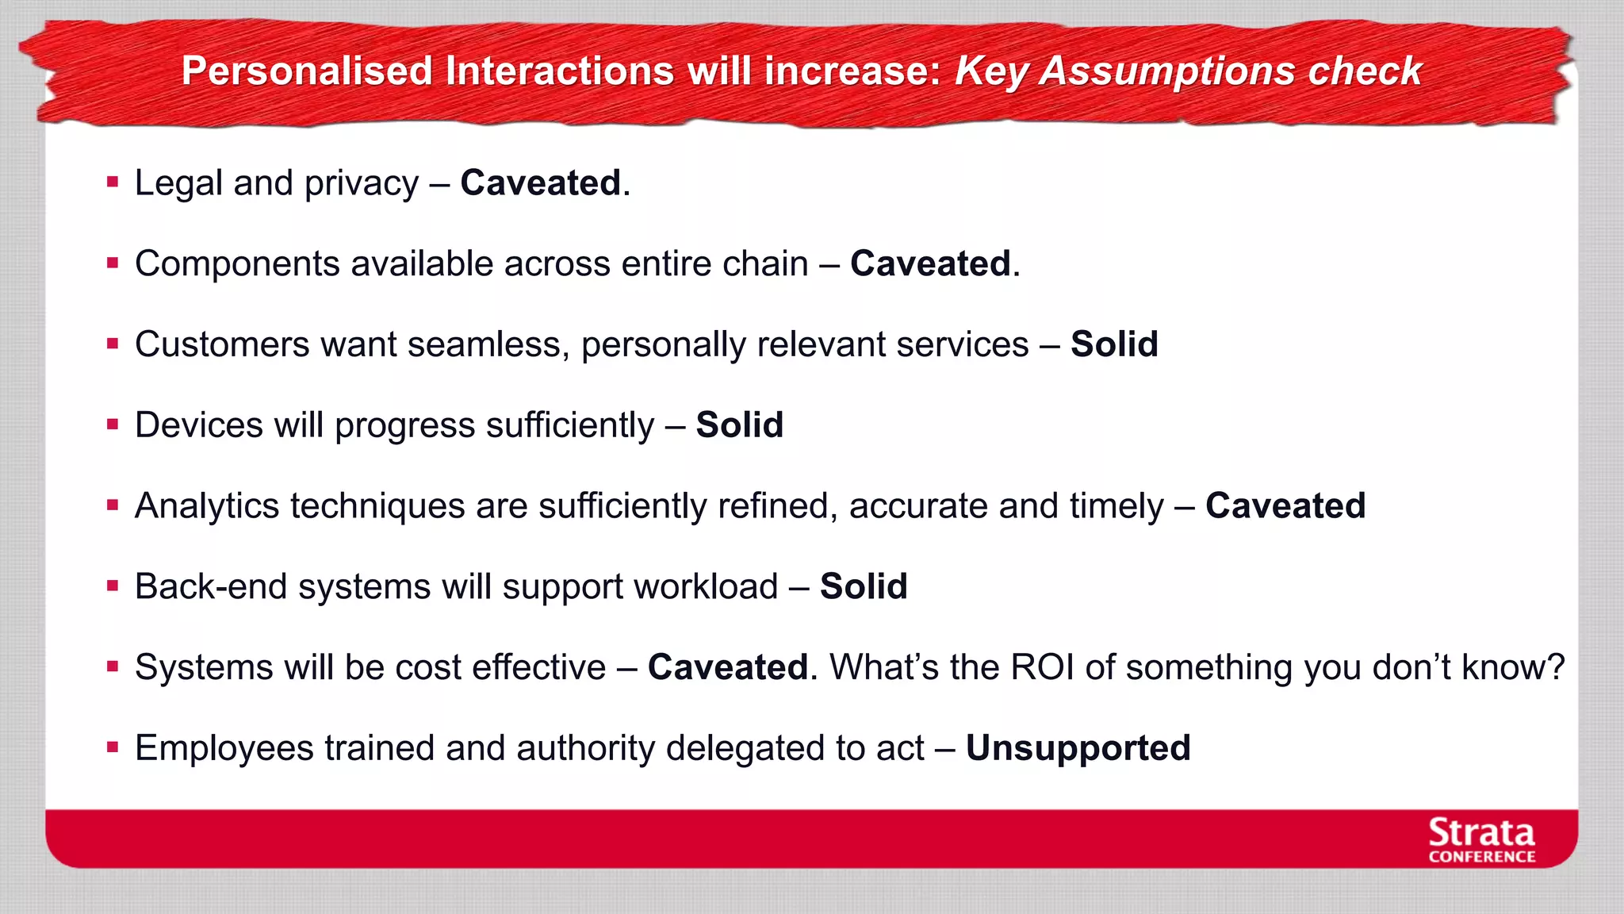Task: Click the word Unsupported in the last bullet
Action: click(1078, 748)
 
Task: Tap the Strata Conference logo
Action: click(1481, 840)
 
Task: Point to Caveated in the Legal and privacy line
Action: click(541, 183)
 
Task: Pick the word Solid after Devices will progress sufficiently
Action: click(739, 425)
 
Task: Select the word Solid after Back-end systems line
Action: click(864, 587)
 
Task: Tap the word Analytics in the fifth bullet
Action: click(207, 506)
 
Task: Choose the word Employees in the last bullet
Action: click(224, 748)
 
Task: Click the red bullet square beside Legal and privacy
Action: click(113, 182)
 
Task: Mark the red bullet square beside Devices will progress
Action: click(113, 424)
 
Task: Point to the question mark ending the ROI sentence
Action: click(1557, 667)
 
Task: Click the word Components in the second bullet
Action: click(237, 264)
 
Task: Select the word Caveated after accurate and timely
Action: click(1285, 506)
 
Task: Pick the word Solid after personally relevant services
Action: click(1114, 344)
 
